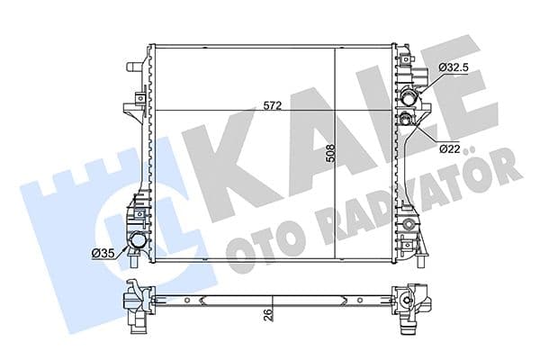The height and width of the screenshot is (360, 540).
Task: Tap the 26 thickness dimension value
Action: point(267,314)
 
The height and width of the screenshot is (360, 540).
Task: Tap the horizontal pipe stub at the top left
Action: point(134,67)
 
